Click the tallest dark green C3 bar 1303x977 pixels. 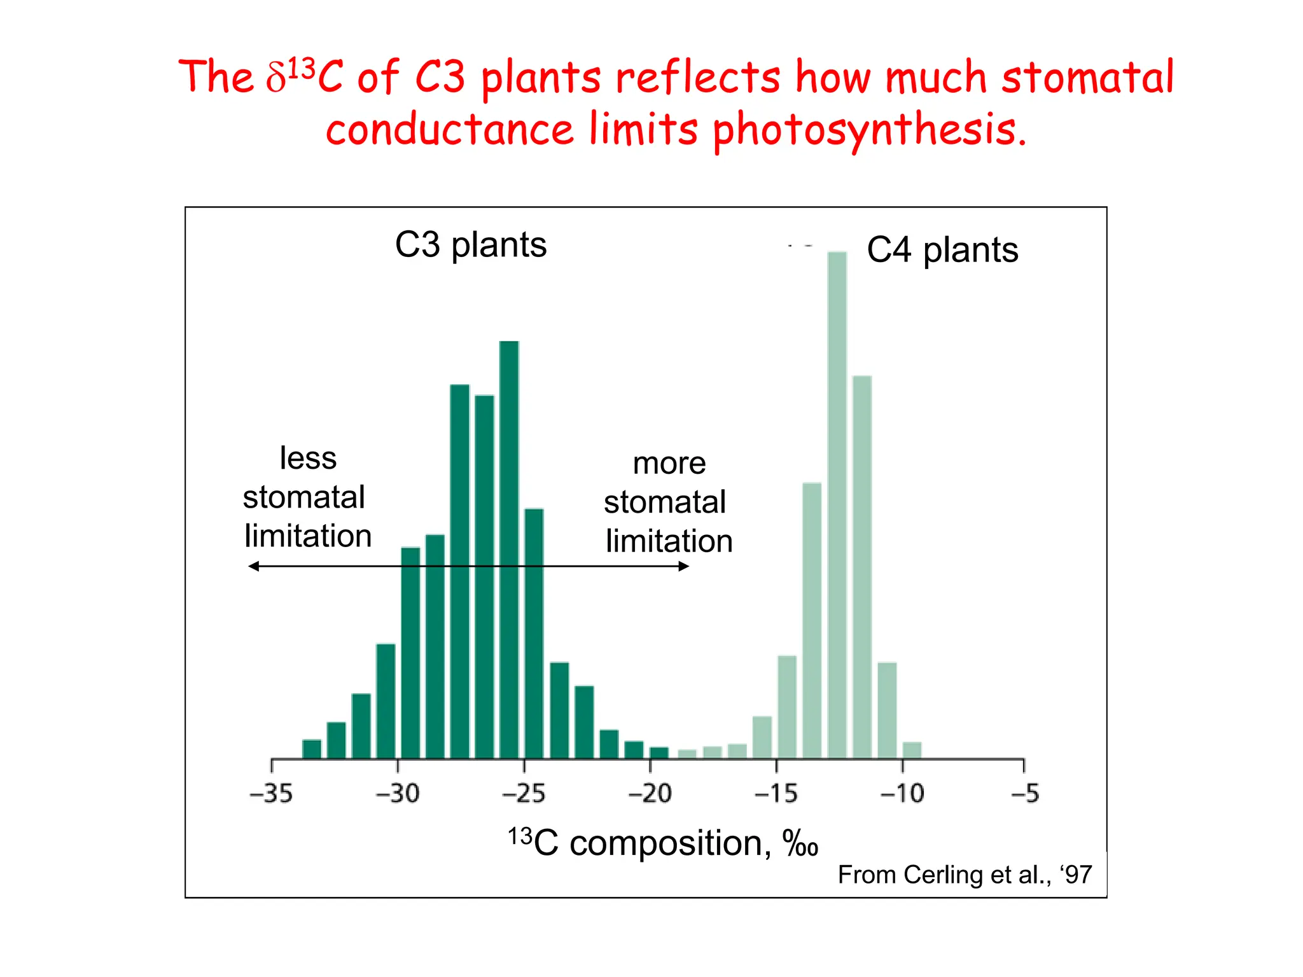click(509, 547)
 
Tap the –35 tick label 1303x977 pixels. click(271, 794)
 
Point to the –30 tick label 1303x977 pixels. click(398, 794)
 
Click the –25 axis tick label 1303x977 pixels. click(524, 794)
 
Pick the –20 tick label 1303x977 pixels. click(650, 794)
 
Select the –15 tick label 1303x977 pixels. click(776, 794)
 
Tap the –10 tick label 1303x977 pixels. click(902, 794)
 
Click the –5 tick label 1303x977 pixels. click(1025, 794)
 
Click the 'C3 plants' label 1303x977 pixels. click(471, 245)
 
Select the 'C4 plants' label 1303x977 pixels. click(942, 250)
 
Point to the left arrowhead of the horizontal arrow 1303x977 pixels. click(253, 566)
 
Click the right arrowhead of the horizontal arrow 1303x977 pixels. click(684, 566)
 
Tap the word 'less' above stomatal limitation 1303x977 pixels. click(308, 459)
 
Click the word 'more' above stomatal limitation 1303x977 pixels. click(669, 464)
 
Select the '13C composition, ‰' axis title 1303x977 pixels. click(662, 843)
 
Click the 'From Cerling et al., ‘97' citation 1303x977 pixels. click(965, 875)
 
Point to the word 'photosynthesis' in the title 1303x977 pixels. click(868, 130)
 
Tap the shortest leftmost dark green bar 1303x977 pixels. click(312, 749)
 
